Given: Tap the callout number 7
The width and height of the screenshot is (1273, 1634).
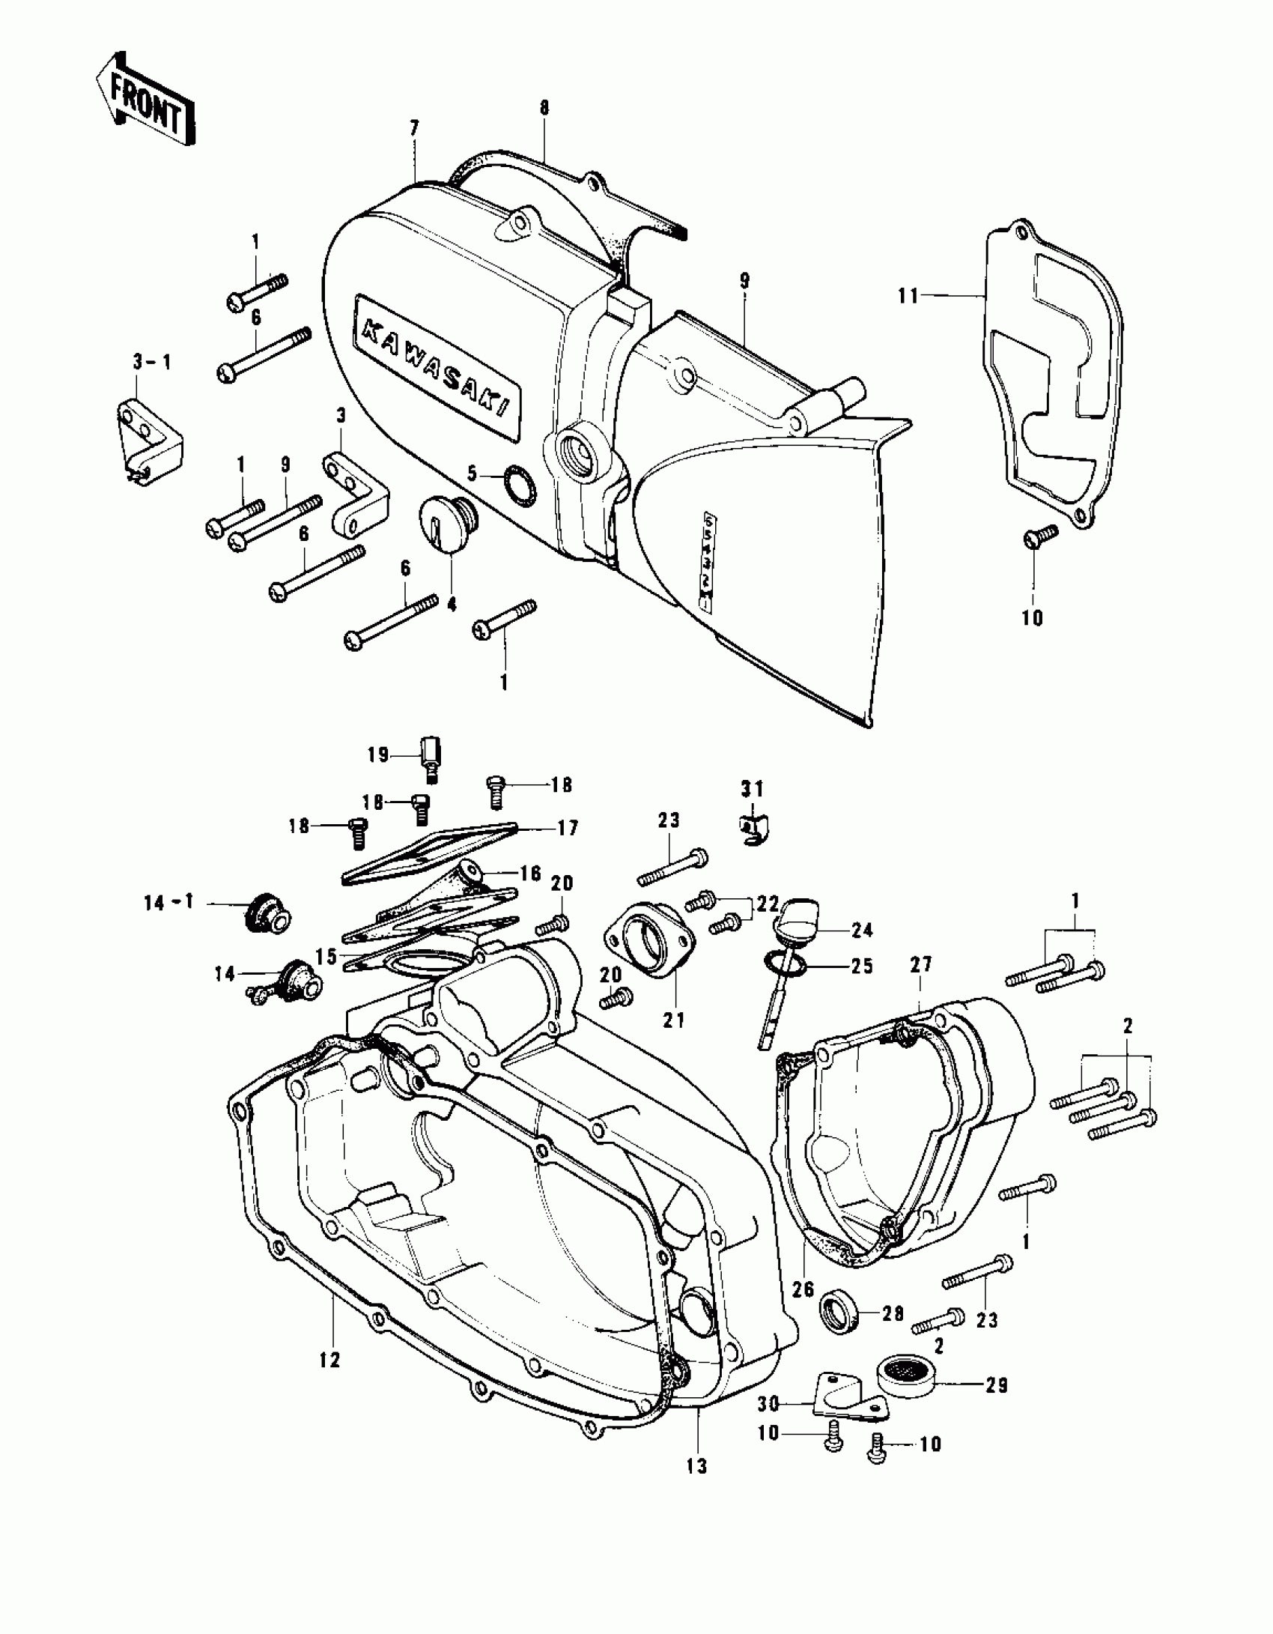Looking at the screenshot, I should click(x=414, y=128).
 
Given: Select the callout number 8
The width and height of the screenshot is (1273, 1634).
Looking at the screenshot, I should click(x=544, y=109).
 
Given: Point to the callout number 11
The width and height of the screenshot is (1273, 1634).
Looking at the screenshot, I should click(x=908, y=297).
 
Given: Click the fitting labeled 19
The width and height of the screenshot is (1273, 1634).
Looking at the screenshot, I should click(x=431, y=758).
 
